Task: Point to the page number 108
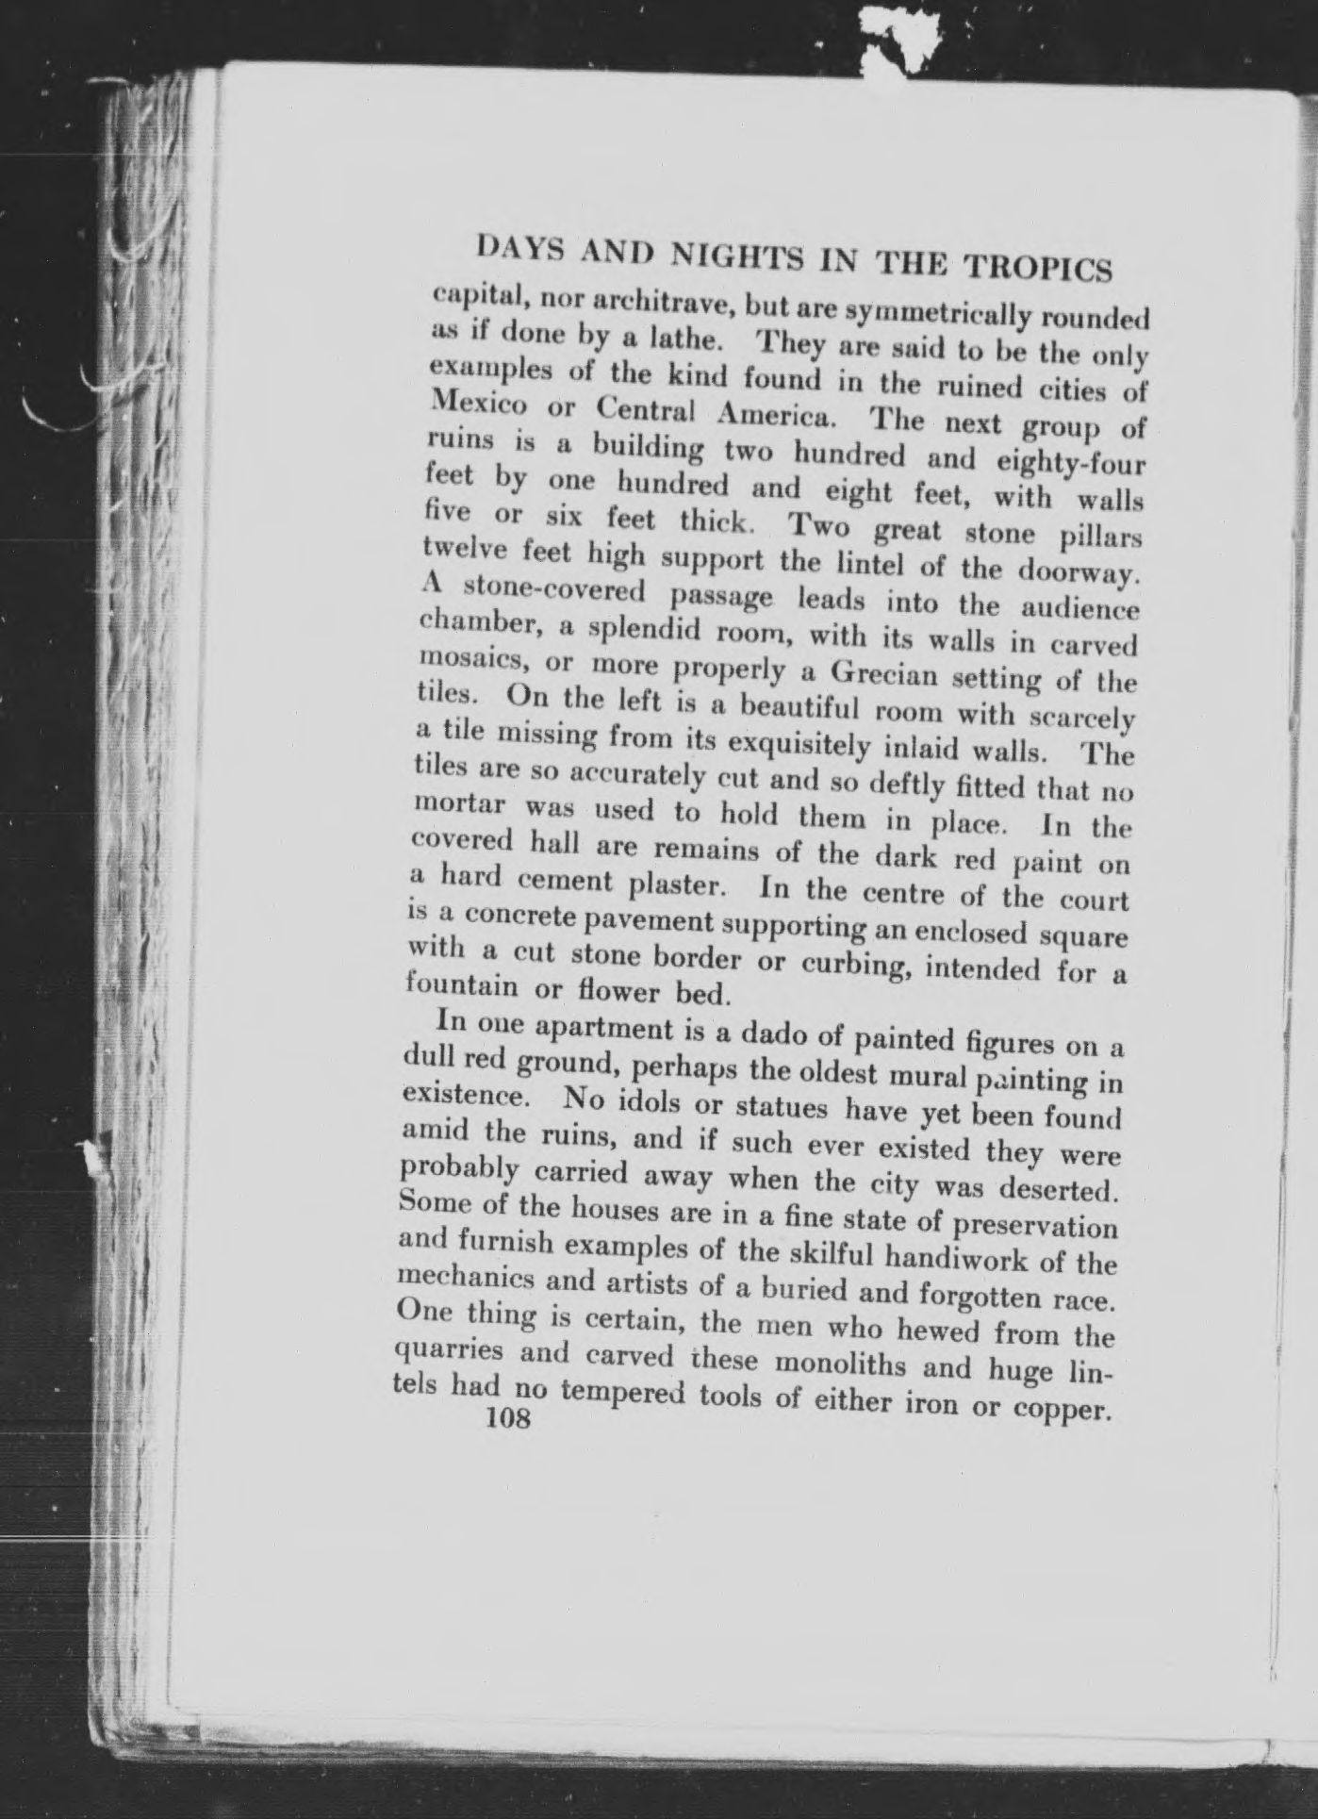506,1419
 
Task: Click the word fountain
461,987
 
